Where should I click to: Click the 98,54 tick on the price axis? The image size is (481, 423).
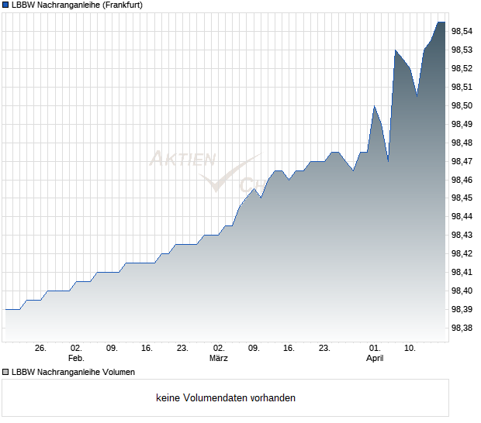[462, 31]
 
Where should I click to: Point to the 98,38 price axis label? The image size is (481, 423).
[462, 328]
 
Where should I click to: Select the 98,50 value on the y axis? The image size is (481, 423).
[462, 105]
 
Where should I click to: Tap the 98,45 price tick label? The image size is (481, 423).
[462, 198]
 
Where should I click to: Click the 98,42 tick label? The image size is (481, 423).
[462, 253]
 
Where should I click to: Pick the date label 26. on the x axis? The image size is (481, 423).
[41, 349]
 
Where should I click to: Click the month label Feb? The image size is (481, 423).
[76, 359]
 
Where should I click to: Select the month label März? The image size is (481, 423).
[219, 359]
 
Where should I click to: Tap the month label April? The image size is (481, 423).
[375, 359]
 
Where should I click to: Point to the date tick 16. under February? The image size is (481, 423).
[147, 349]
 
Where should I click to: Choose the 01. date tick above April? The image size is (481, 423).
[375, 349]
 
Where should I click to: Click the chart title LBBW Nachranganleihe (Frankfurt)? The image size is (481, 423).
[76, 5]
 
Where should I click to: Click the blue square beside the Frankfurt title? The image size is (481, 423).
[5, 5]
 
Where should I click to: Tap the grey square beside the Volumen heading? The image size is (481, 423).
[5, 372]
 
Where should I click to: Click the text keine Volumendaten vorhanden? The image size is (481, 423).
[226, 398]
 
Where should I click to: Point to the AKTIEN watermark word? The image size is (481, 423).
[183, 160]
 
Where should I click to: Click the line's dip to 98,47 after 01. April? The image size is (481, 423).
[388, 161]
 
